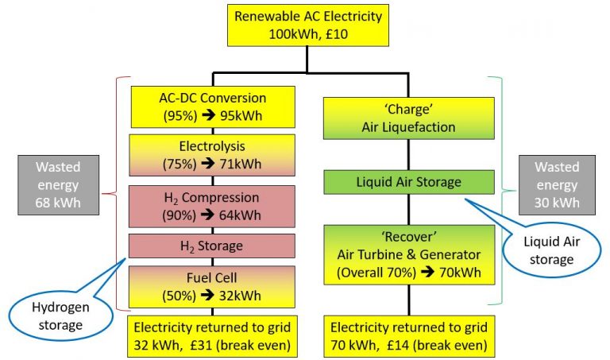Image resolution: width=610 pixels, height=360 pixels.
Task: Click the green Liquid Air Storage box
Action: [408, 182]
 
